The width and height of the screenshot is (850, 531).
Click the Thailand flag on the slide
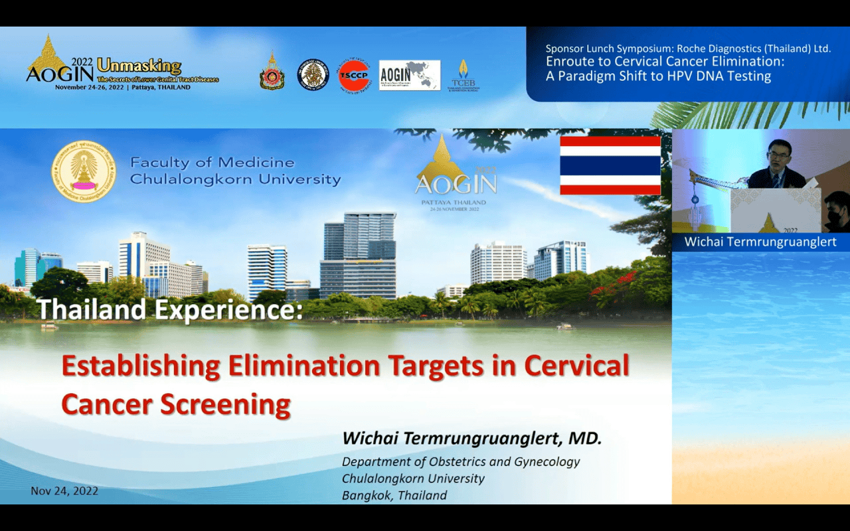point(610,165)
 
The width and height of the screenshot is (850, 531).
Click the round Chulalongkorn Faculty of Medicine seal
point(84,171)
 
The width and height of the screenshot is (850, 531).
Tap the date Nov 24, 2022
point(64,491)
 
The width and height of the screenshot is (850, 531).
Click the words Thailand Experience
point(169,309)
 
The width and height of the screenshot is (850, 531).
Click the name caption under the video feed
point(760,242)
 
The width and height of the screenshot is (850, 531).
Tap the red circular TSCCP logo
point(355,75)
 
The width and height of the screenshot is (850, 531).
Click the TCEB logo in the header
point(463,75)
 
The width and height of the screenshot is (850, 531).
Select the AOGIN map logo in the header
point(409,75)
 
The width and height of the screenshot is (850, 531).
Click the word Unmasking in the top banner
point(139,66)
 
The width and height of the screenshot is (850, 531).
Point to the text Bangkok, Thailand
point(394,495)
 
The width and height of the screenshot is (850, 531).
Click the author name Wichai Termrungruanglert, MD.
point(471,439)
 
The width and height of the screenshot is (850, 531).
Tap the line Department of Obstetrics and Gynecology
point(461,461)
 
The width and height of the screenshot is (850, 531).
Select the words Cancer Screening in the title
point(176,404)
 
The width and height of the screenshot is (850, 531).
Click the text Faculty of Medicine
point(212,163)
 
